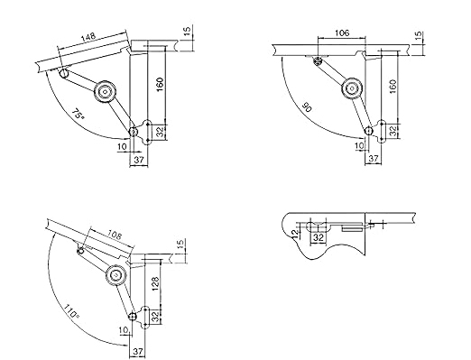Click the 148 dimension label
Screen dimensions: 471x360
(x=88, y=36)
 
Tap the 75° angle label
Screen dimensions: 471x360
(x=78, y=115)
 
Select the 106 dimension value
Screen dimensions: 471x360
(x=342, y=32)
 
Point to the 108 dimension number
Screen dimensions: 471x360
(x=115, y=235)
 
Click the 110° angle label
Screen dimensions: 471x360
(x=71, y=312)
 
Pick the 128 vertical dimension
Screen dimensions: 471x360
(x=155, y=283)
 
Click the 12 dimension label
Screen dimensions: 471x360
(x=295, y=232)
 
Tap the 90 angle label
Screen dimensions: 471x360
(x=307, y=107)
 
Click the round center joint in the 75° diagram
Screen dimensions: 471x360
(x=105, y=92)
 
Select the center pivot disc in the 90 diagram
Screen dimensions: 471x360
(x=352, y=88)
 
